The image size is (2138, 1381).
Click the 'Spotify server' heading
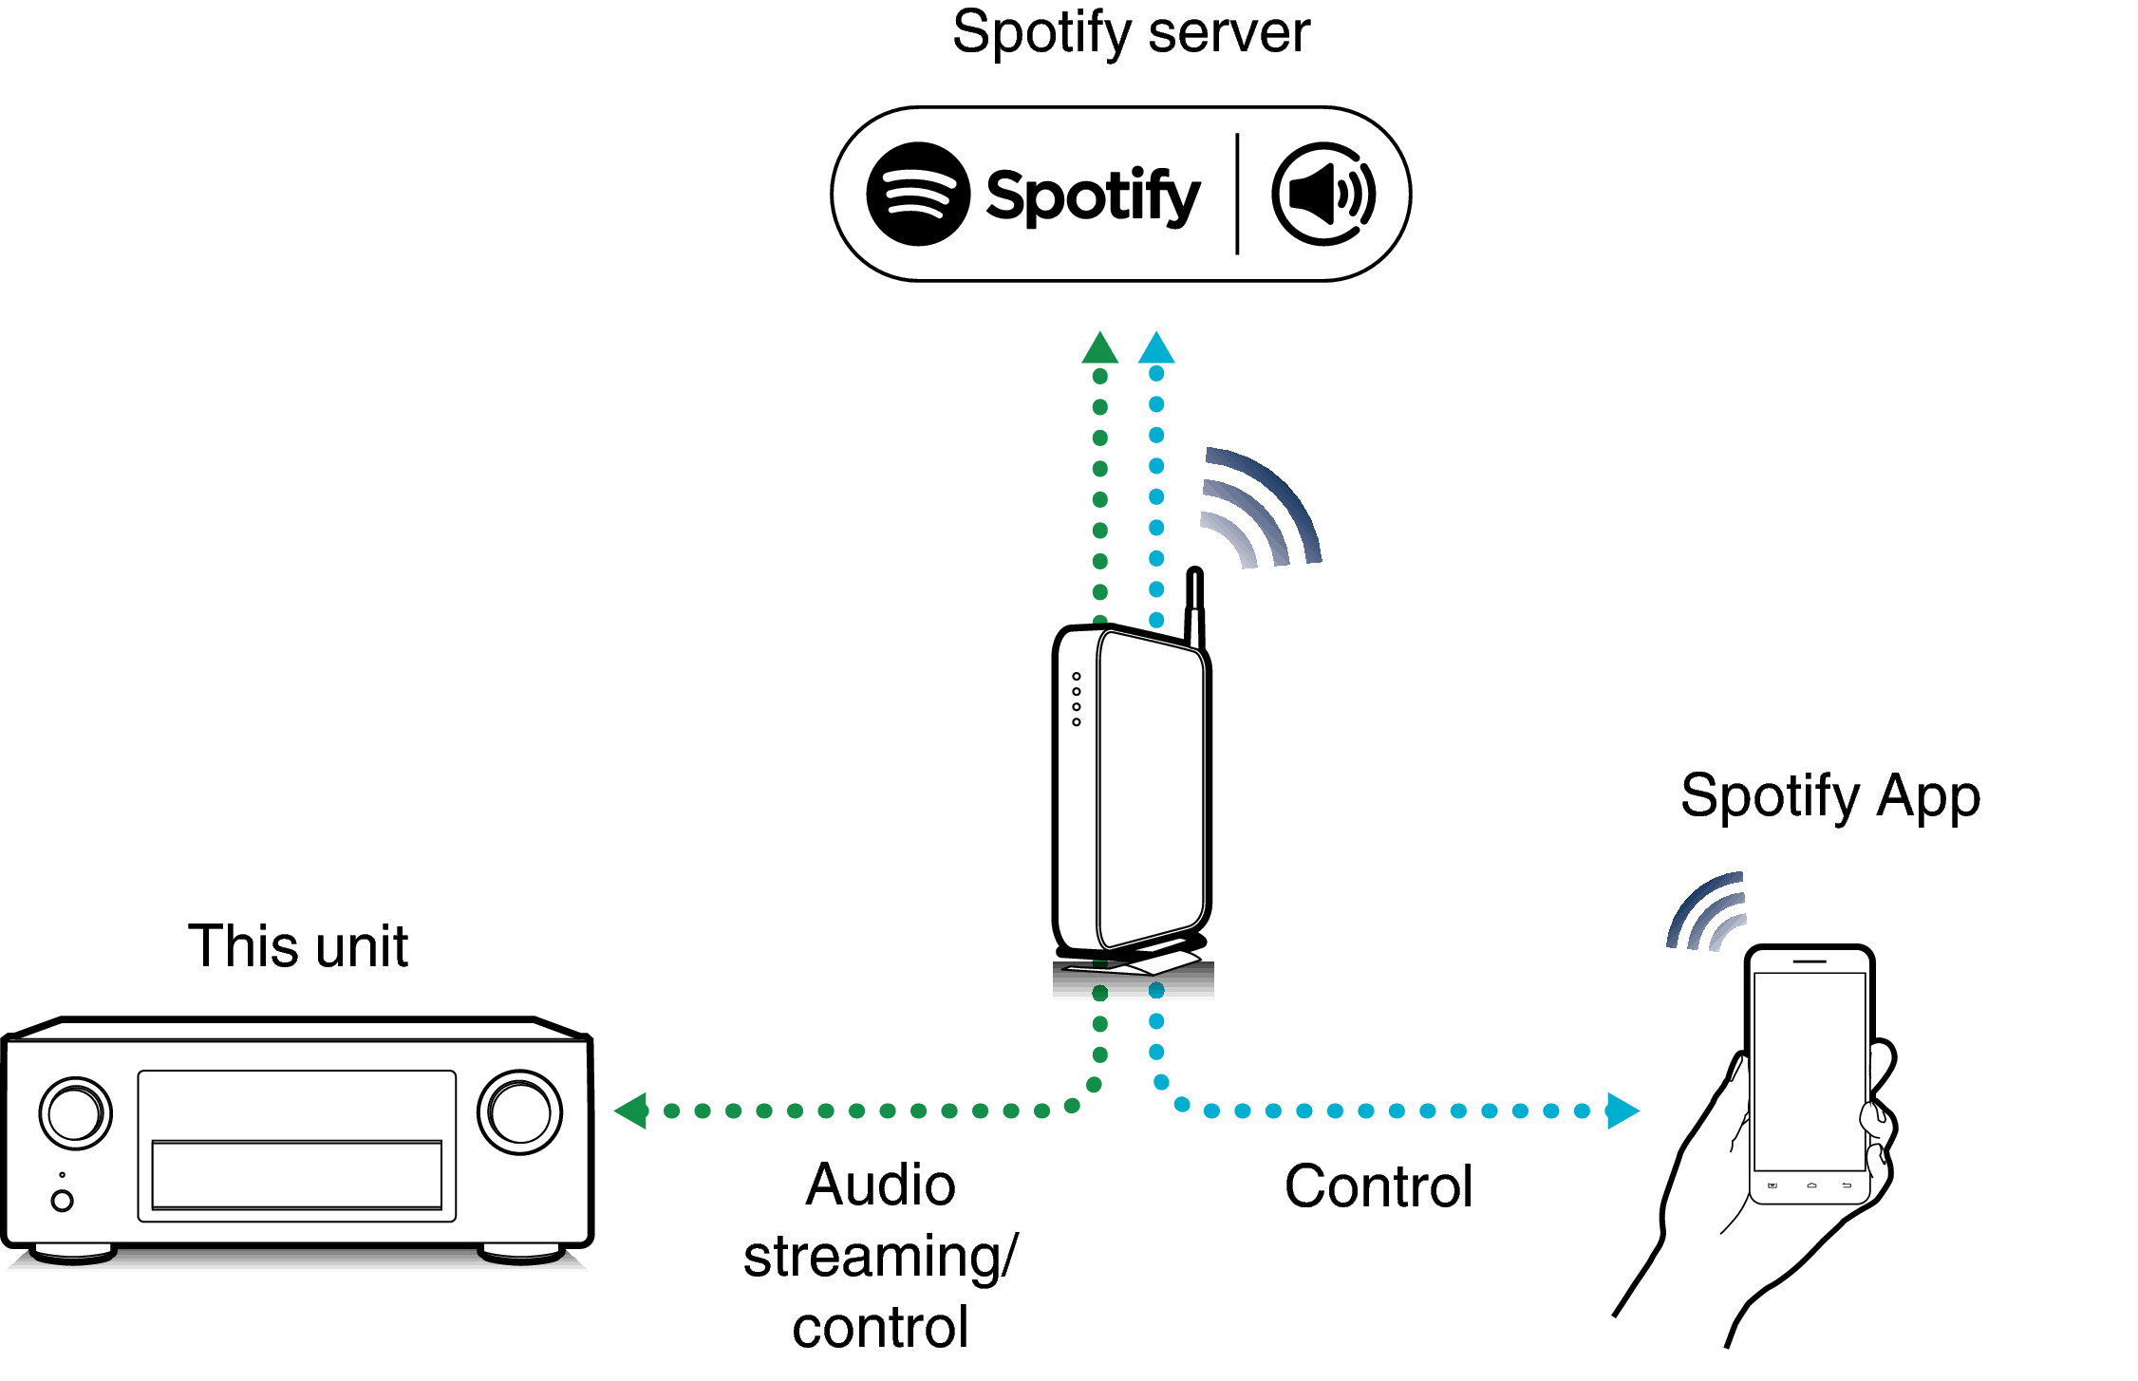pyautogui.click(x=1131, y=33)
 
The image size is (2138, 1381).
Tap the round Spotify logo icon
pyautogui.click(x=918, y=194)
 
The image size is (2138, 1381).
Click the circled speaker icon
pyautogui.click(x=1323, y=195)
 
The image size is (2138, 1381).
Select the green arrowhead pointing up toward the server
pyautogui.click(x=1099, y=349)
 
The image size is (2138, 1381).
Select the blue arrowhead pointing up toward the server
pyautogui.click(x=1156, y=348)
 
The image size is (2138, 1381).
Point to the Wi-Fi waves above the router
pyautogui.click(x=1258, y=513)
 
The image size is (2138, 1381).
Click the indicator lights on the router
pyautogui.click(x=1077, y=700)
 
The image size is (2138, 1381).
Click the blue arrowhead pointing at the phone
pyautogui.click(x=1622, y=1110)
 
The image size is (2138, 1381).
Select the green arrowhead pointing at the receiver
pyautogui.click(x=632, y=1110)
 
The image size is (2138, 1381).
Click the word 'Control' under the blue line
pyautogui.click(x=1378, y=1186)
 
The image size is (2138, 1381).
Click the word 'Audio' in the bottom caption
pyautogui.click(x=880, y=1185)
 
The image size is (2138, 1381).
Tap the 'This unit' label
pyautogui.click(x=298, y=946)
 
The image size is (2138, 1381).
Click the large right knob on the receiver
pyautogui.click(x=519, y=1112)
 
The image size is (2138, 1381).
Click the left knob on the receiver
pyautogui.click(x=76, y=1112)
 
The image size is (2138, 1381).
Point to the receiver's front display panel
pyautogui.click(x=297, y=1174)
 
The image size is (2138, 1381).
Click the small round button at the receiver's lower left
pyautogui.click(x=63, y=1201)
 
